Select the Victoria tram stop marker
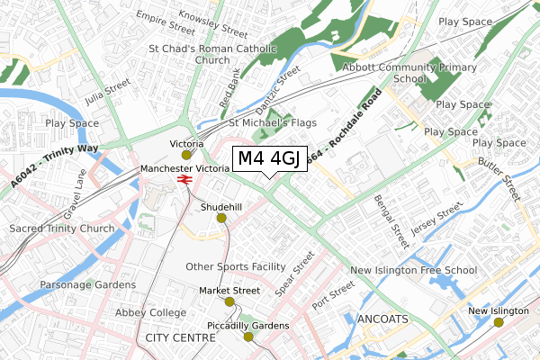[187, 154]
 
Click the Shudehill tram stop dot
[221, 217]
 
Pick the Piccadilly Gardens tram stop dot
[248, 336]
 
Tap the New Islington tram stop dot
[496, 321]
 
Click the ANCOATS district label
[383, 319]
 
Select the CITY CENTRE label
[180, 337]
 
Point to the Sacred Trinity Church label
[62, 229]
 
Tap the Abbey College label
[149, 313]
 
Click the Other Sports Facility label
[235, 266]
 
